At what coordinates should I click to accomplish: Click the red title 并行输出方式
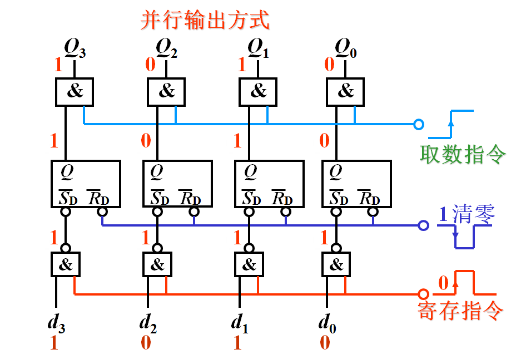pyautogui.click(x=204, y=20)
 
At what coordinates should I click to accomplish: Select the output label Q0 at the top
pyautogui.click(x=345, y=50)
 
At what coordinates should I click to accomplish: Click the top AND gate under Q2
pyautogui.click(x=166, y=91)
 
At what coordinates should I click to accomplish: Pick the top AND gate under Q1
pyautogui.click(x=258, y=91)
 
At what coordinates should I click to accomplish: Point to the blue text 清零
pyautogui.click(x=474, y=214)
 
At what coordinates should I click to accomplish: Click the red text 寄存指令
pyautogui.click(x=460, y=309)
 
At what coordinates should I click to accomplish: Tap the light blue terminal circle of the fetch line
pyautogui.click(x=419, y=124)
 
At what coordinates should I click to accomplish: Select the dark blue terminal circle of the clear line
pyautogui.click(x=424, y=225)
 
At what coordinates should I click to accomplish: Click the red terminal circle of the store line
pyautogui.click(x=424, y=293)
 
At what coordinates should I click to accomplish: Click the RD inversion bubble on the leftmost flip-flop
pyautogui.click(x=102, y=211)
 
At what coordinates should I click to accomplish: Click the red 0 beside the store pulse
pyautogui.click(x=443, y=283)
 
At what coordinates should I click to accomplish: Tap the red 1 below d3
pyautogui.click(x=54, y=343)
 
